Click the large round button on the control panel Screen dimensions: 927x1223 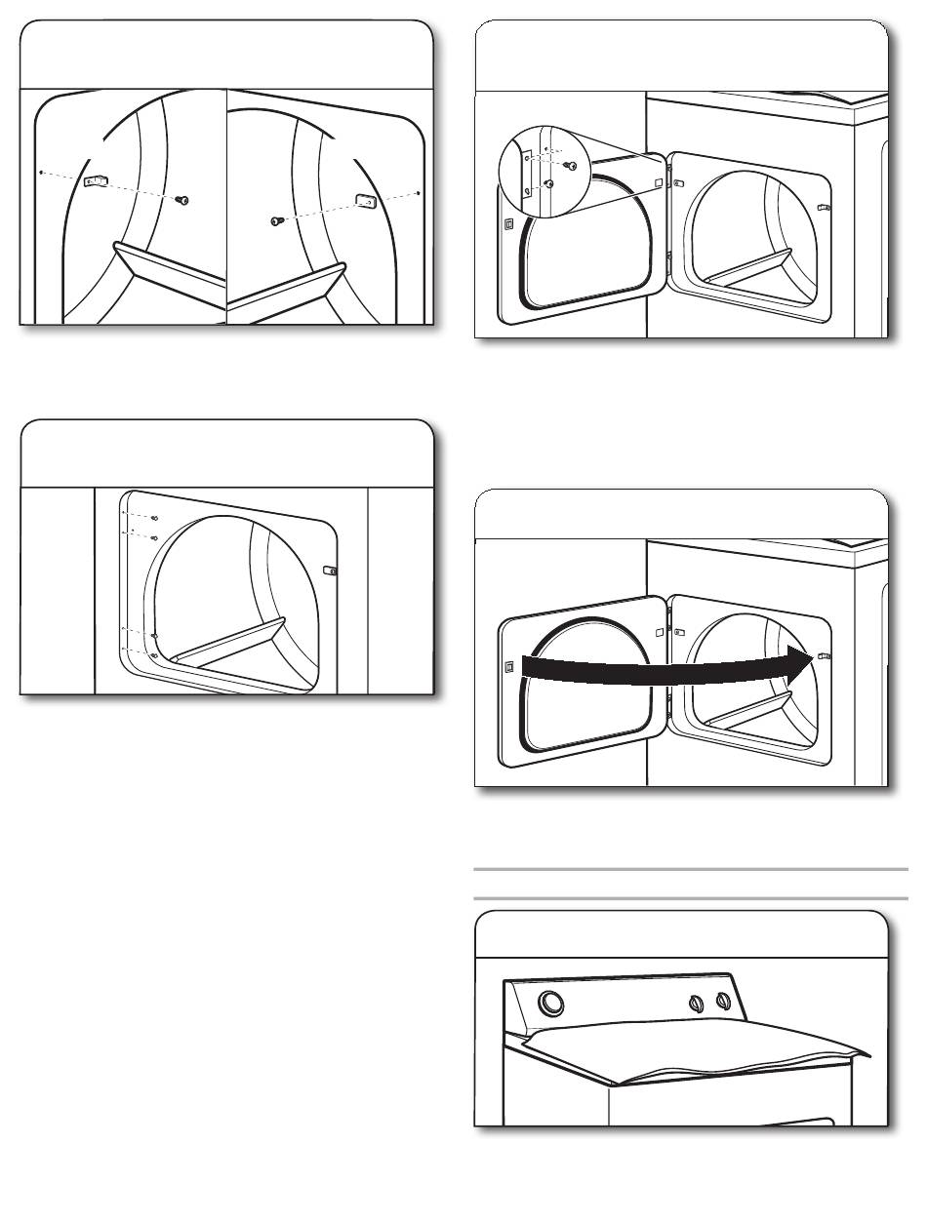pyautogui.click(x=551, y=1003)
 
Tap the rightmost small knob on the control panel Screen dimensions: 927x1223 pyautogui.click(x=723, y=1001)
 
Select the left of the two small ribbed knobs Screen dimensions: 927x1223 pyautogui.click(x=696, y=1004)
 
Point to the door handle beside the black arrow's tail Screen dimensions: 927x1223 pyautogui.click(x=508, y=667)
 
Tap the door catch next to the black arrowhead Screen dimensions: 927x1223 pyautogui.click(x=824, y=657)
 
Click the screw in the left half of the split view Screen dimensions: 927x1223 pyautogui.click(x=181, y=199)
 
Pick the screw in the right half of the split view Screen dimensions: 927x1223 pyautogui.click(x=277, y=221)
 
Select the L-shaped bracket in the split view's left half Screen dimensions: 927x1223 pyautogui.click(x=98, y=181)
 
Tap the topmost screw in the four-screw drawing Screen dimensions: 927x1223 pyautogui.click(x=155, y=518)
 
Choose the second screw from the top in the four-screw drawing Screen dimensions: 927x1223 pyautogui.click(x=155, y=536)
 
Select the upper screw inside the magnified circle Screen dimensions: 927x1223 pyautogui.click(x=572, y=166)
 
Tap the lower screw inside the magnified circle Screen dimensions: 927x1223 pyautogui.click(x=550, y=182)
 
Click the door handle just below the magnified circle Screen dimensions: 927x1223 pyautogui.click(x=508, y=224)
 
